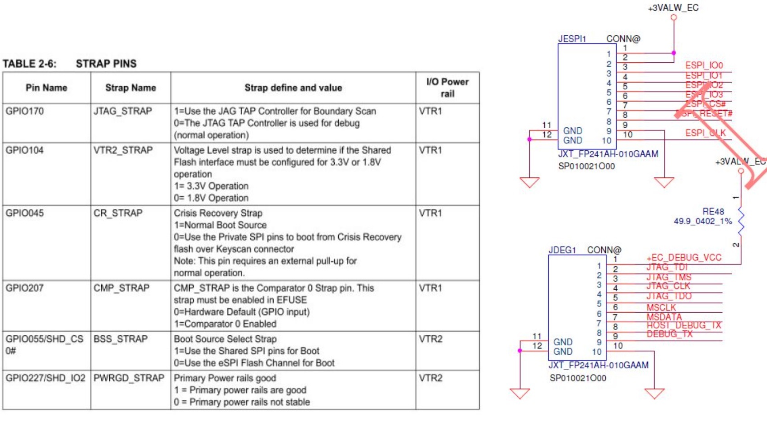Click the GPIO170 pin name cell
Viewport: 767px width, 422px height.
pos(25,111)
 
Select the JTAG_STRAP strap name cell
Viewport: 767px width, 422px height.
pos(122,111)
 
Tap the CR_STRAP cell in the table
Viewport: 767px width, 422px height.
pos(118,213)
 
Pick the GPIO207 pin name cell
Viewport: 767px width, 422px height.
pos(25,288)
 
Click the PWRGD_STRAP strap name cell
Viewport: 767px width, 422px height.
pos(129,378)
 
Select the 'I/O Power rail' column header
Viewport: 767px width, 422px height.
pos(447,88)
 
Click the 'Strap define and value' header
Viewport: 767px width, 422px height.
pos(293,88)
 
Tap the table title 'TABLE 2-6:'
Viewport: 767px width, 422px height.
pos(30,64)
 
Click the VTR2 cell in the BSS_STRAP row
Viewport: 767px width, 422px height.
pos(430,339)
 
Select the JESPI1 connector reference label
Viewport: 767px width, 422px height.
pos(572,39)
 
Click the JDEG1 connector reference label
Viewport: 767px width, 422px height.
pos(562,250)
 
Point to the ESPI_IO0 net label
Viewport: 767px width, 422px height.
pos(704,65)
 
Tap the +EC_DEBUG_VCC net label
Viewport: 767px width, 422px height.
pos(684,258)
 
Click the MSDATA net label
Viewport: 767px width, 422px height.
pos(664,317)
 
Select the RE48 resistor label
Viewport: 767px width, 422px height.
pos(713,211)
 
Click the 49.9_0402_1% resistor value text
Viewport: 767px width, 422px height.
pos(702,221)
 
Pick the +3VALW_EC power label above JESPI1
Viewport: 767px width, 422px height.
pos(673,8)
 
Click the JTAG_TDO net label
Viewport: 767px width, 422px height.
pos(669,297)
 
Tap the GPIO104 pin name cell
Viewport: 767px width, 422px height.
pos(25,150)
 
